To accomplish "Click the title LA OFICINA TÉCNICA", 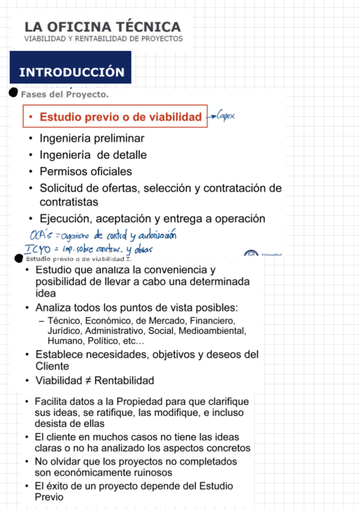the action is (x=102, y=27).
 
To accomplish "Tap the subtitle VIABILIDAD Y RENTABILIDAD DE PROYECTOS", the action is (x=103, y=38).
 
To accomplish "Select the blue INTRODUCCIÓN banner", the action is (x=71, y=72).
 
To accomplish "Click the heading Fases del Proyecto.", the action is (x=64, y=94).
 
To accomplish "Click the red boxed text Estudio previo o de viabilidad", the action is (x=120, y=117).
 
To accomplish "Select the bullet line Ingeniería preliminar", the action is (x=91, y=138).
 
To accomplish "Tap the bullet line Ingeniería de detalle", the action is (x=93, y=155).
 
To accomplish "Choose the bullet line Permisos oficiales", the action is (x=85, y=171).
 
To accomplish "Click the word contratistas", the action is (x=69, y=201).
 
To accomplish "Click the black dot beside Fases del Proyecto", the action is (x=13, y=93).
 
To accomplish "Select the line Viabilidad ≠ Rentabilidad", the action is (x=94, y=381).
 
